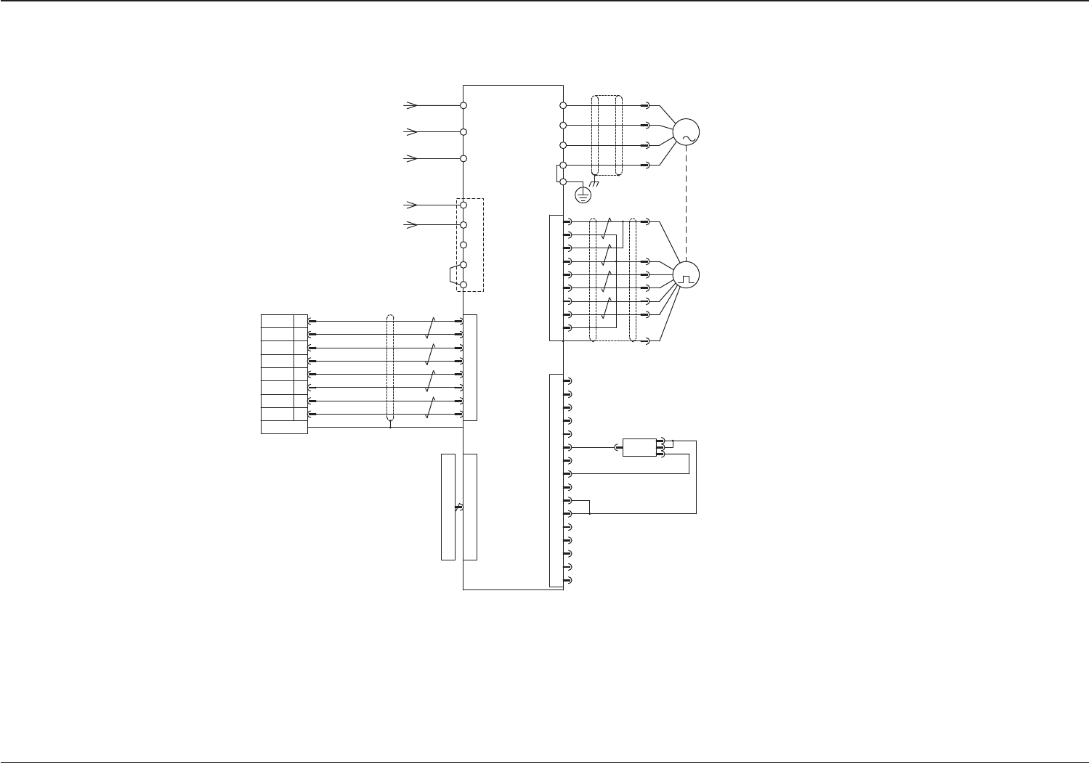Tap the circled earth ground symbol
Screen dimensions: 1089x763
click(x=583, y=195)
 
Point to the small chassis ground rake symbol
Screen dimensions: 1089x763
click(x=594, y=184)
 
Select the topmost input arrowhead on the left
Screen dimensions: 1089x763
click(x=412, y=105)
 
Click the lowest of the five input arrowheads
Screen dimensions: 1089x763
click(x=412, y=225)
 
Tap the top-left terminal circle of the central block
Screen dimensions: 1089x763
click(x=463, y=105)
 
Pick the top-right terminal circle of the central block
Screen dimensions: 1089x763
click(x=563, y=105)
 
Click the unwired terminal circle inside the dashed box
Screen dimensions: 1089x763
click(x=463, y=245)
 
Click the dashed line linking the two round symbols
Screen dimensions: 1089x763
click(x=686, y=203)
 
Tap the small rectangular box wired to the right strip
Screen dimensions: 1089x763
click(x=639, y=447)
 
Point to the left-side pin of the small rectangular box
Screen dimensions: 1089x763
click(x=618, y=447)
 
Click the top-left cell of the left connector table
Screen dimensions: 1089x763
click(x=277, y=321)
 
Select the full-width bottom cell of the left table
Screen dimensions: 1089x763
click(x=284, y=427)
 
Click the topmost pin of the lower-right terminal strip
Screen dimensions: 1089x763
click(x=569, y=380)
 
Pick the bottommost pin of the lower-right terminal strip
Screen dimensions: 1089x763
click(x=569, y=579)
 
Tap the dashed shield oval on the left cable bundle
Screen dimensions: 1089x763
click(x=390, y=368)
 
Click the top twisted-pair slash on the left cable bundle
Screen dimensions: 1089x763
click(x=431, y=327)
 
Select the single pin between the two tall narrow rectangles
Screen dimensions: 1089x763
click(x=458, y=507)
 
